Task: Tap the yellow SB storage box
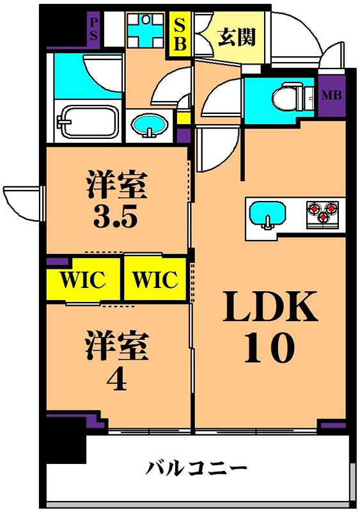[x=180, y=36]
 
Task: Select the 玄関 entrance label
[x=237, y=37]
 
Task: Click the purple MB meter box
[x=331, y=96]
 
